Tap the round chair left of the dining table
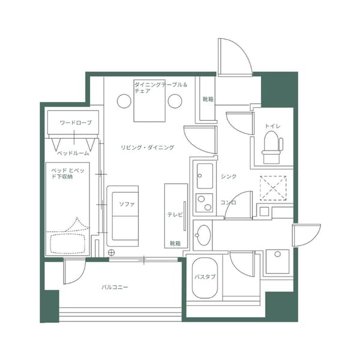click(124, 101)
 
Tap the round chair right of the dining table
click(175, 101)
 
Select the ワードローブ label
click(76, 123)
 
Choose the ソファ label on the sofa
click(127, 205)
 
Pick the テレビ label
click(175, 214)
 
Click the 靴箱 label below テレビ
click(175, 243)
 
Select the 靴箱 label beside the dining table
click(208, 100)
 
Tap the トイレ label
click(272, 126)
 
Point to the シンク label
click(228, 176)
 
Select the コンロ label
click(228, 202)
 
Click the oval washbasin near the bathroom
click(203, 235)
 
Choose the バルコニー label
click(114, 287)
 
